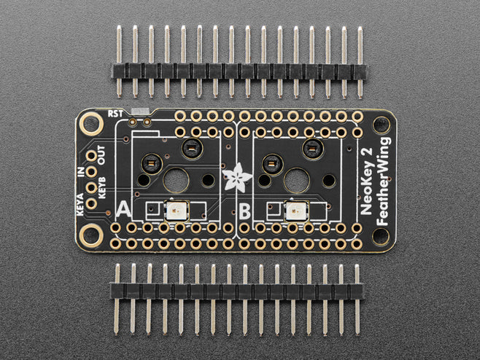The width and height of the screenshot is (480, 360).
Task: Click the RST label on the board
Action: point(115,114)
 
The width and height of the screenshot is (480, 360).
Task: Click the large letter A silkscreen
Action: point(123,210)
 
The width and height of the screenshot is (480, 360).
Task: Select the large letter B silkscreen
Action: point(244,211)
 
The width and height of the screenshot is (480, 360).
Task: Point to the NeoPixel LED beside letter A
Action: point(177,211)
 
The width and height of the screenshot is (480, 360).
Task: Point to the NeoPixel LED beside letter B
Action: point(296,211)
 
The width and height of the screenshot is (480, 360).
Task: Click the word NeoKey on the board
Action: point(366,190)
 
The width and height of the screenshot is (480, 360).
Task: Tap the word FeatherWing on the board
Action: point(384,181)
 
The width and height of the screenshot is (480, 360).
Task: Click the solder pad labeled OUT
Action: point(91,156)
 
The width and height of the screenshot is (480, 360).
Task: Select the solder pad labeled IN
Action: point(91,171)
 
